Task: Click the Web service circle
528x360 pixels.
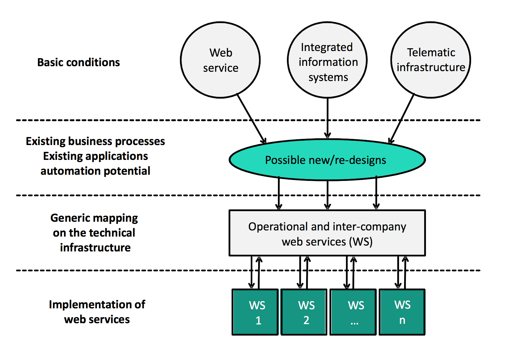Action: click(220, 60)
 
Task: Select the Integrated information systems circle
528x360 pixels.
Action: click(327, 60)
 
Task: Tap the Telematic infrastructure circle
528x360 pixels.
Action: click(431, 60)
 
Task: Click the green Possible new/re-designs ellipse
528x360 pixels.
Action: click(327, 160)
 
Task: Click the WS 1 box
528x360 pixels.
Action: click(255, 312)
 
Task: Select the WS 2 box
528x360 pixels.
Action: click(304, 312)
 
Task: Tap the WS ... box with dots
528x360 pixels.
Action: click(353, 312)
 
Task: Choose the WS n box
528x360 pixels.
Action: click(402, 312)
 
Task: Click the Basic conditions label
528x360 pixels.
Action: click(79, 62)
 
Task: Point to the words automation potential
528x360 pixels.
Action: click(95, 171)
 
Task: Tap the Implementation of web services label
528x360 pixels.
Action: click(97, 312)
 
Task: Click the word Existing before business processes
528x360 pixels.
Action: click(45, 141)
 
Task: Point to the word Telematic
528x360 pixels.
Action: click(431, 53)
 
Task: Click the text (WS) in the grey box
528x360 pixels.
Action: click(361, 242)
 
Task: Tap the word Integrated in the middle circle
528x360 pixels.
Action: click(327, 47)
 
